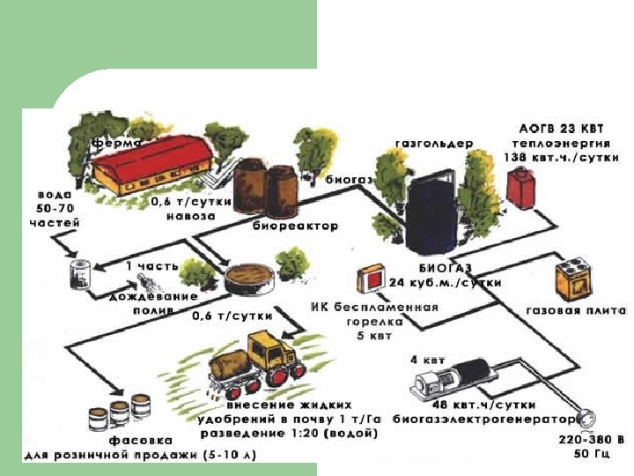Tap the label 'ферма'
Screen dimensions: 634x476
115,141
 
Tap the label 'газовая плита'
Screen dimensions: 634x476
576,311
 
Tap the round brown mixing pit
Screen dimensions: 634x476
248,279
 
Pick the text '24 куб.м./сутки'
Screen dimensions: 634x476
446,283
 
